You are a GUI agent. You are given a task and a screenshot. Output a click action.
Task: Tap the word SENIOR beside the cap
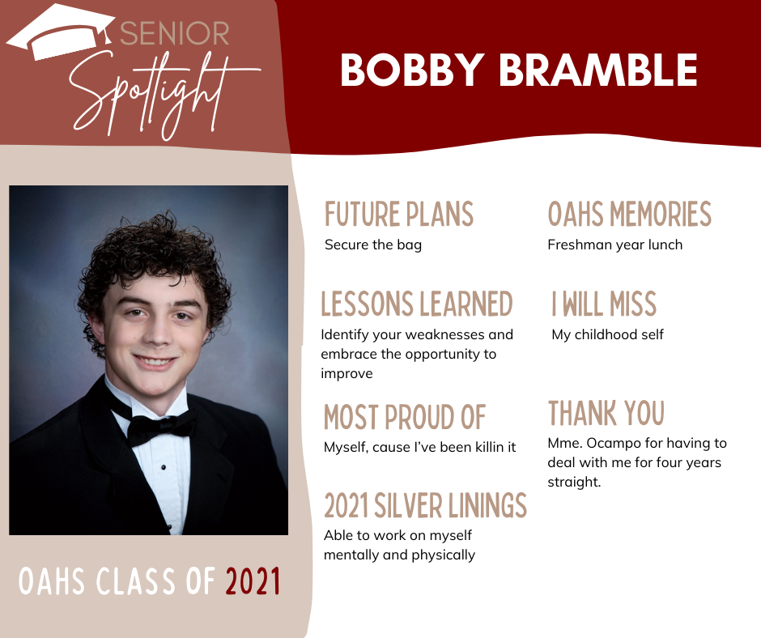174,33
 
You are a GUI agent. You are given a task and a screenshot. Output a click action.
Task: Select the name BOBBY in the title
413,70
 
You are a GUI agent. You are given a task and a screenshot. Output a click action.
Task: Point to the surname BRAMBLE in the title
598,70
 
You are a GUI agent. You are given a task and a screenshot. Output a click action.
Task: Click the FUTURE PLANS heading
399,214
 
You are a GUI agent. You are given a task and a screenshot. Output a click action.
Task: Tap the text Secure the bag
372,245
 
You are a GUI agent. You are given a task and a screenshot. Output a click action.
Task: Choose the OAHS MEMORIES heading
630,214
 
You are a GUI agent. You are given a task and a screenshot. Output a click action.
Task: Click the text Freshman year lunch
615,245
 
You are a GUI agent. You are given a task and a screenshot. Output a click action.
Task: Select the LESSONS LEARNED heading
416,304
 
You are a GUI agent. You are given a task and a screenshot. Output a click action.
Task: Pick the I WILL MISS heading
604,304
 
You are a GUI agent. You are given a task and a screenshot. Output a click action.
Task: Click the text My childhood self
608,334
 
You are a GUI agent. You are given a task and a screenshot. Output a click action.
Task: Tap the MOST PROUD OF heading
404,417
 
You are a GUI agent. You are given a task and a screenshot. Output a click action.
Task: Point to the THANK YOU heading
606,413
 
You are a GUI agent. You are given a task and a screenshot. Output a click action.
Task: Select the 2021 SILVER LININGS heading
425,505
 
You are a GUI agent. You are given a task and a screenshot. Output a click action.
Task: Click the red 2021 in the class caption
253,581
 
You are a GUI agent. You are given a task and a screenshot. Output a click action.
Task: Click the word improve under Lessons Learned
346,374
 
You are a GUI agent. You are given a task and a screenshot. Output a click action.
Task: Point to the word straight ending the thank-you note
574,482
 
